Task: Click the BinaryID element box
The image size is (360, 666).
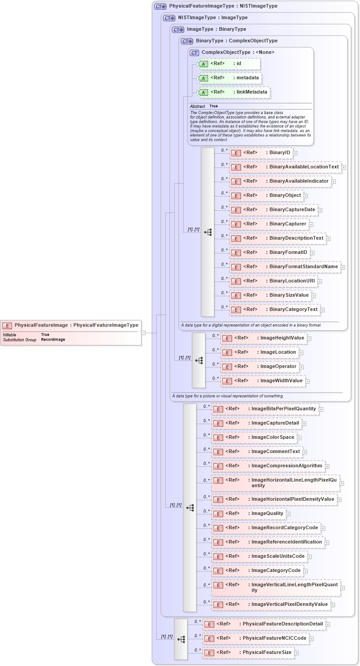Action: (261, 153)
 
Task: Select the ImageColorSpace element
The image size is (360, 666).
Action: (254, 437)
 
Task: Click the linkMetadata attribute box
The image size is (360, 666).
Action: (234, 92)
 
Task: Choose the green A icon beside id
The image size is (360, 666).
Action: (203, 64)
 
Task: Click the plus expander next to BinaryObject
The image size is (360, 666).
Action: (306, 196)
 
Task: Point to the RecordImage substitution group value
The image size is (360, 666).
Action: (53, 339)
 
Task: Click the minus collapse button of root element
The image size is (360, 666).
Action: (143, 332)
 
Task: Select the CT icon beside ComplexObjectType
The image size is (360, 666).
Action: (194, 53)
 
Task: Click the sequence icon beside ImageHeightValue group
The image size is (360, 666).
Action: (199, 360)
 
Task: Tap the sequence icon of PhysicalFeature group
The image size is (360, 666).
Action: (181, 639)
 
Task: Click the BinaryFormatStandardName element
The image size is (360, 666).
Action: (285, 267)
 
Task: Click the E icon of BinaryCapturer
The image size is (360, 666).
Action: (236, 224)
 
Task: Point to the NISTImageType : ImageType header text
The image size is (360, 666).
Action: (213, 18)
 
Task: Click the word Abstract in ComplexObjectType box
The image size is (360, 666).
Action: (197, 106)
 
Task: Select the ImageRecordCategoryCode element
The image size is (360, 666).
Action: (266, 528)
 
